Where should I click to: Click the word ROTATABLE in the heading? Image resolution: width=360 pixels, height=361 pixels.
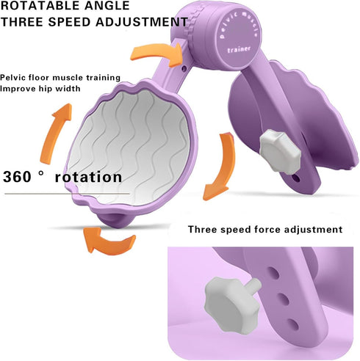pyautogui.click(x=40, y=5)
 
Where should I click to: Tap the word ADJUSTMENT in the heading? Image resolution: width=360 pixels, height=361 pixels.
pyautogui.click(x=142, y=22)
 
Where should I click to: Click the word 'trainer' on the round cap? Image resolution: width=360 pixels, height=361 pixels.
pyautogui.click(x=239, y=49)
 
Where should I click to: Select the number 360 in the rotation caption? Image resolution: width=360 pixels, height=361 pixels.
pyautogui.click(x=17, y=177)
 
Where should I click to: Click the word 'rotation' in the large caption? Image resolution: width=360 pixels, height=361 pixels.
pyautogui.click(x=88, y=177)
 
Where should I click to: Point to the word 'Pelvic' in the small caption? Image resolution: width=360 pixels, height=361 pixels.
pyautogui.click(x=12, y=78)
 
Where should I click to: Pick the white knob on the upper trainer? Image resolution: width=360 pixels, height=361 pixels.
pyautogui.click(x=281, y=151)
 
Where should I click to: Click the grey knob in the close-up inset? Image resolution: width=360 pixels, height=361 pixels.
pyautogui.click(x=231, y=305)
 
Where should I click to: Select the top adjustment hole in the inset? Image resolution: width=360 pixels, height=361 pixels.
pyautogui.click(x=273, y=273)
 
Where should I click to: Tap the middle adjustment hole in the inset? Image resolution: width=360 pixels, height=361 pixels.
pyautogui.click(x=284, y=299)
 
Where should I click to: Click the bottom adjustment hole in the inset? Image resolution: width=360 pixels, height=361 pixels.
pyautogui.click(x=293, y=324)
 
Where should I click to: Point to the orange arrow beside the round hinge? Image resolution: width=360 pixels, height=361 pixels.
pyautogui.click(x=156, y=53)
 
